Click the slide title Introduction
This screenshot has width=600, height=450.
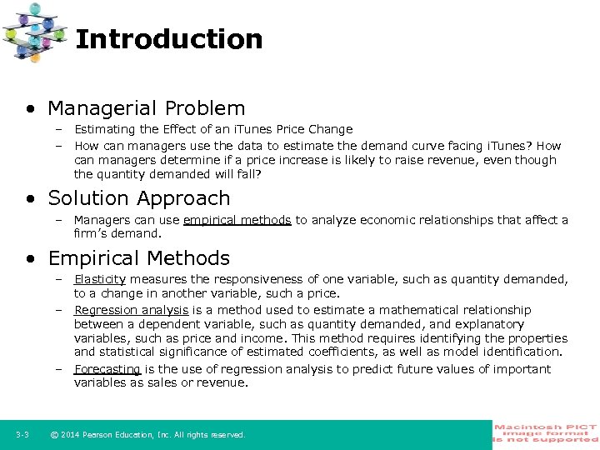(x=169, y=39)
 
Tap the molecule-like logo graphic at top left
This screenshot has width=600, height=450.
(x=34, y=32)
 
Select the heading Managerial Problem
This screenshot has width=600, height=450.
(x=146, y=108)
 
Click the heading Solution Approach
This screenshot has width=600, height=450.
(x=138, y=198)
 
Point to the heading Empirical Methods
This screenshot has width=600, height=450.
(x=138, y=258)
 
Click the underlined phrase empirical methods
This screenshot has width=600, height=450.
(x=237, y=220)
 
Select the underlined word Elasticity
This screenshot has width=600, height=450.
(x=100, y=280)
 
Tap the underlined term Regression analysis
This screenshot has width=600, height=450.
(x=131, y=310)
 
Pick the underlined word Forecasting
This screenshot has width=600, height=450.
(x=107, y=369)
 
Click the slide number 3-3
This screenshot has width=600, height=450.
(x=22, y=435)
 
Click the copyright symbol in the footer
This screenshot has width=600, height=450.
(x=53, y=435)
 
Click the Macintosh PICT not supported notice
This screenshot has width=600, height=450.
(x=546, y=434)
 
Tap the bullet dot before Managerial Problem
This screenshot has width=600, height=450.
(x=31, y=109)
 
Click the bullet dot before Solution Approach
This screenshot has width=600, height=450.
(x=31, y=199)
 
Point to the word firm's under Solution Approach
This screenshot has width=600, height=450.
(x=91, y=234)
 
